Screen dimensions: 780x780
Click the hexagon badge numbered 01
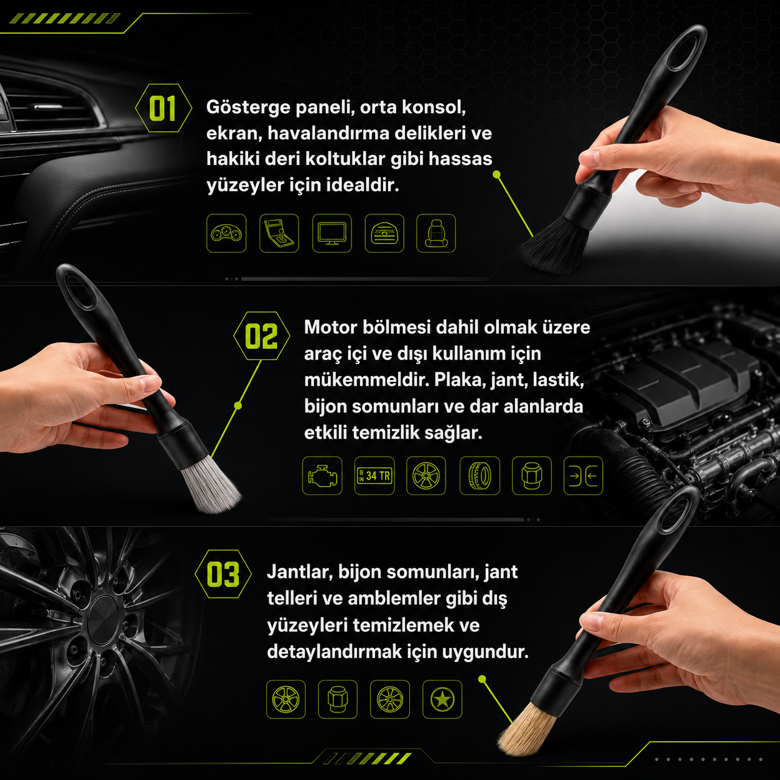(163, 108)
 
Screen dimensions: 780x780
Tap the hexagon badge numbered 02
(261, 335)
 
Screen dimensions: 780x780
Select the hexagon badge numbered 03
(223, 573)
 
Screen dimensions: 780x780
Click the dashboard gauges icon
(226, 233)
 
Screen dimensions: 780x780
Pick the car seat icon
(436, 233)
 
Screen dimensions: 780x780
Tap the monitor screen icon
(332, 233)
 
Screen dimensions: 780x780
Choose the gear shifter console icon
(279, 233)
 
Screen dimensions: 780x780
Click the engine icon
(322, 476)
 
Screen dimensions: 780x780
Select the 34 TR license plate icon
(374, 476)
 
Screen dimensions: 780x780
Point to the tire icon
(480, 476)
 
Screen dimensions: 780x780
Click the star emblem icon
(442, 699)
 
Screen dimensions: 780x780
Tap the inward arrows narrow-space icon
(583, 476)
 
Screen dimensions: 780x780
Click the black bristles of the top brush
(555, 245)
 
